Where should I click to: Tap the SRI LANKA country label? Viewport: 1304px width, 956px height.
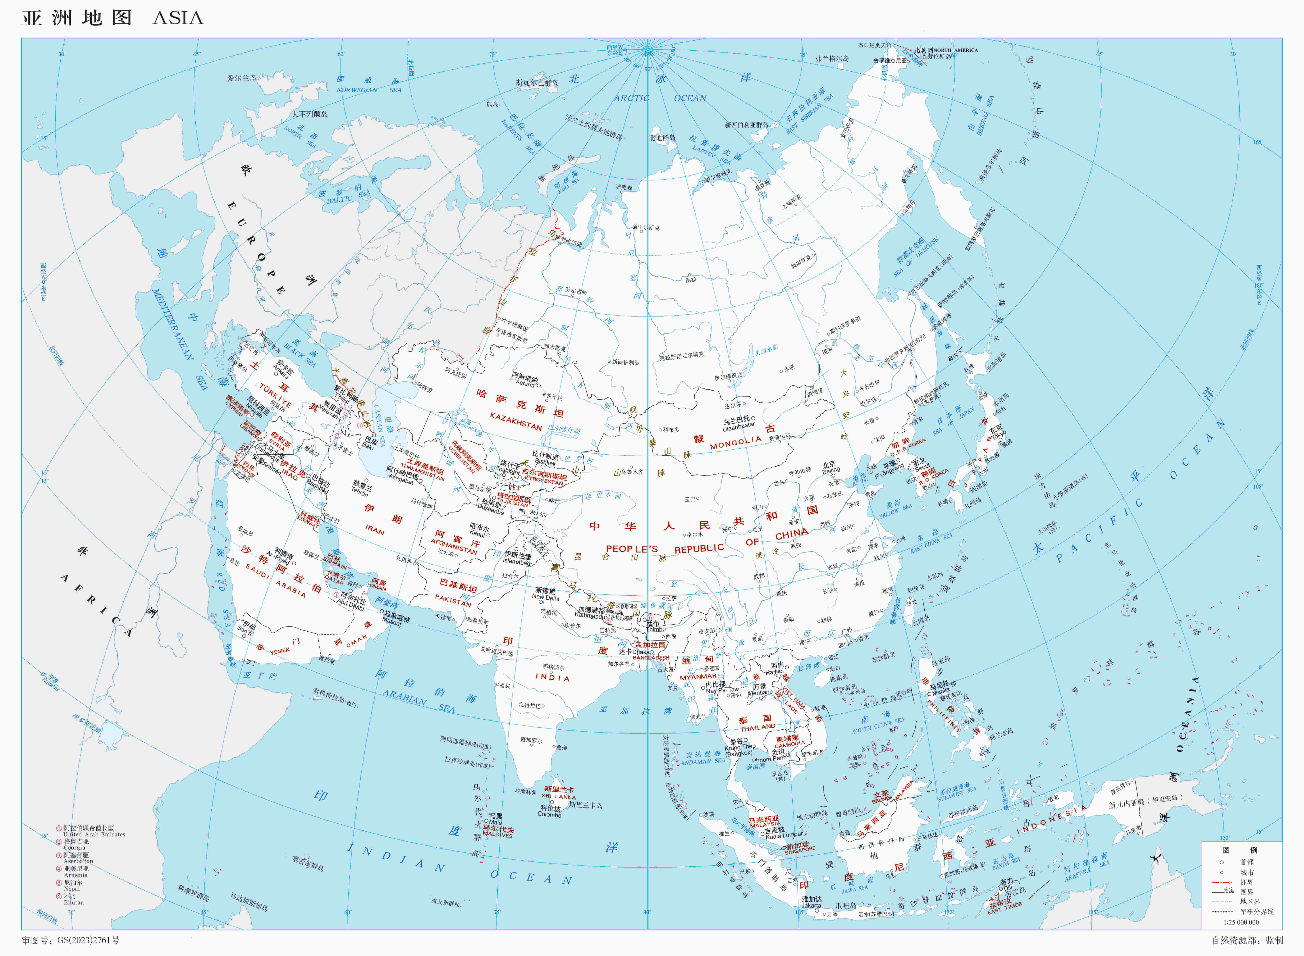click(558, 796)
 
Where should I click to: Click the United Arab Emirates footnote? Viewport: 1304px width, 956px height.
click(94, 834)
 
